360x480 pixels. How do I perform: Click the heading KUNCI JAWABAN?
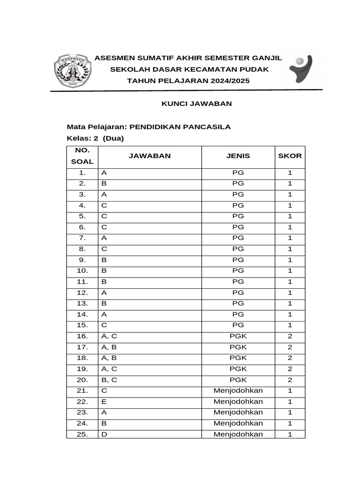[x=197, y=104]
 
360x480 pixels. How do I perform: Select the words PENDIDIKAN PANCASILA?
[x=180, y=127]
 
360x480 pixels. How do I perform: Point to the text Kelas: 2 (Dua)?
[x=95, y=138]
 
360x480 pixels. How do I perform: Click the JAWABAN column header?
[x=150, y=156]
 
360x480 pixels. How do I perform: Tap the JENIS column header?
[x=238, y=156]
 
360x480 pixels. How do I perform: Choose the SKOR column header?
[x=290, y=156]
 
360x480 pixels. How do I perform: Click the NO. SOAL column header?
[x=82, y=156]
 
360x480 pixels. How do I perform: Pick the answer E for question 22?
[x=104, y=402]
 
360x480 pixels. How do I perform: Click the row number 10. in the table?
[x=82, y=270]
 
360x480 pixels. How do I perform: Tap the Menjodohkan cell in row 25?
[x=238, y=434]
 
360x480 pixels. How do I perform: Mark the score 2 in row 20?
[x=290, y=380]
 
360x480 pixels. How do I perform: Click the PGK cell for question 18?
[x=238, y=358]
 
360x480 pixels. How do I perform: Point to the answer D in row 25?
[x=104, y=434]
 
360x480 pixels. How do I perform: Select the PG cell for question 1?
[x=238, y=172]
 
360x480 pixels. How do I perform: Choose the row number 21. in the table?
[x=82, y=390]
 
